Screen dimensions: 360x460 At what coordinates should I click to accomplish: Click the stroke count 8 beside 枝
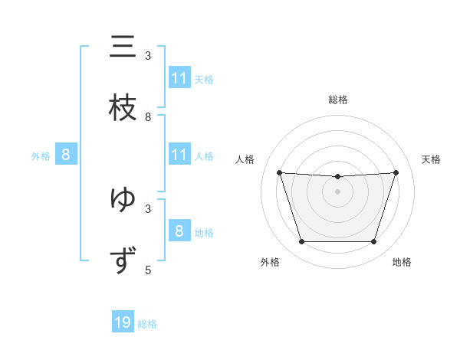(148, 116)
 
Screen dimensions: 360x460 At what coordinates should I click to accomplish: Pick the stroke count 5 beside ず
(148, 270)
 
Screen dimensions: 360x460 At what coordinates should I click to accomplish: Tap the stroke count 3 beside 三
(148, 56)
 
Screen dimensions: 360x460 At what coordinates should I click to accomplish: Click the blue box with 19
(123, 322)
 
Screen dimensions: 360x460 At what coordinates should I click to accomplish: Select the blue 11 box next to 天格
(179, 78)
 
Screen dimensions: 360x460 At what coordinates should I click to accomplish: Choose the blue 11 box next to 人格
(179, 155)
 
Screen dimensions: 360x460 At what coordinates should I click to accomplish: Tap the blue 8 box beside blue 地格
(179, 231)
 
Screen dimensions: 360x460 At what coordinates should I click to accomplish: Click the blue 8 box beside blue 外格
(66, 155)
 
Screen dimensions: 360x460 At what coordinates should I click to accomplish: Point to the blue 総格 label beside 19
(147, 324)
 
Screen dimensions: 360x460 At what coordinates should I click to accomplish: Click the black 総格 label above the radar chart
(337, 100)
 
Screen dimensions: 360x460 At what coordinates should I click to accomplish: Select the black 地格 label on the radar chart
(402, 263)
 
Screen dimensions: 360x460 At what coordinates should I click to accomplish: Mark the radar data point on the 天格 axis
(396, 172)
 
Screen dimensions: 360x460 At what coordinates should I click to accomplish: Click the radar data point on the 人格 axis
(279, 172)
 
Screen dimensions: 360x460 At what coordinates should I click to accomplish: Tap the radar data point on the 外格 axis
(301, 242)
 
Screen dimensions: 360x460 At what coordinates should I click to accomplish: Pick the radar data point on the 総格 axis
(337, 177)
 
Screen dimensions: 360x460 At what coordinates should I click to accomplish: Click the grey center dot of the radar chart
(337, 191)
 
